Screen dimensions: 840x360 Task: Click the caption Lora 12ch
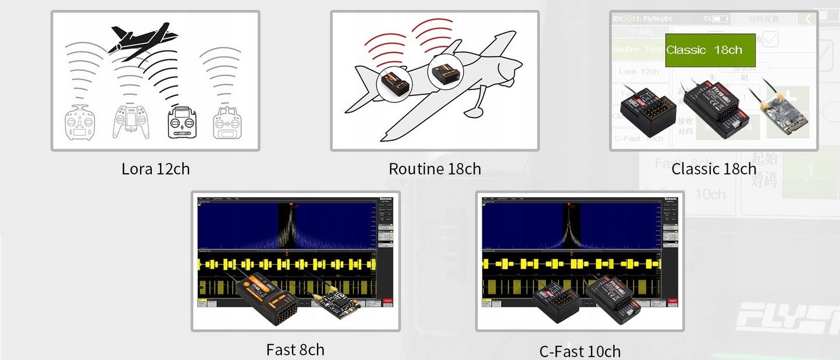coord(155,169)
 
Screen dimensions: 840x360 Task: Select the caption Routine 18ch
coord(435,169)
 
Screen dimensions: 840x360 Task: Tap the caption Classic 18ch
coord(714,169)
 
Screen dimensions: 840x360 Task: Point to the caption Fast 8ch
coord(295,350)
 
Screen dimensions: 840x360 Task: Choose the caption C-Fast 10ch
coord(579,351)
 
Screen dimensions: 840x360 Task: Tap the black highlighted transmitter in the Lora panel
coord(186,122)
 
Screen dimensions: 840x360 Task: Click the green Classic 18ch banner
coord(710,50)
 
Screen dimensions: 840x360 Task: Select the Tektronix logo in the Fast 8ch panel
coord(386,199)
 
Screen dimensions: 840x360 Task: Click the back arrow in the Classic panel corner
coord(807,19)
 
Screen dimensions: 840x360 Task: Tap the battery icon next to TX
coord(721,19)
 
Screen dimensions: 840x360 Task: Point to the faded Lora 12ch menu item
coord(638,71)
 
